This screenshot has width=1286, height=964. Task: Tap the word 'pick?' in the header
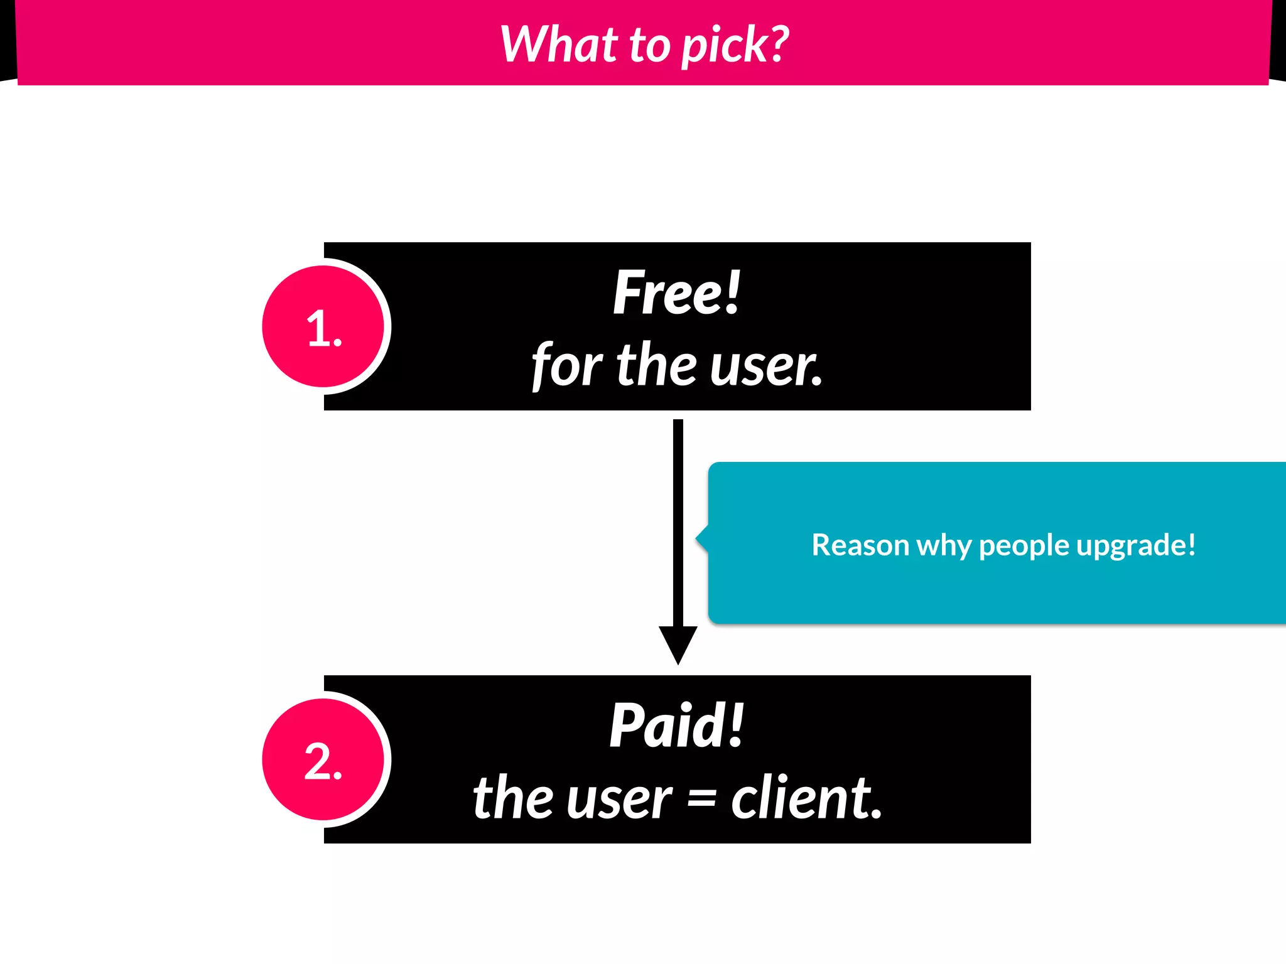click(735, 46)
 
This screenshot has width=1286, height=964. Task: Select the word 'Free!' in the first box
click(677, 292)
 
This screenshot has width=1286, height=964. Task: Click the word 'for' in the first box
click(566, 366)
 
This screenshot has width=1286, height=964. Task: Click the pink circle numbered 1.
click(323, 326)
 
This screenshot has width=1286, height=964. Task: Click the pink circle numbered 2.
click(323, 760)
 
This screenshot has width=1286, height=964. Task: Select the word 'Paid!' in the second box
click(677, 726)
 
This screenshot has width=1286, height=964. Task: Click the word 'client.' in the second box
click(806, 798)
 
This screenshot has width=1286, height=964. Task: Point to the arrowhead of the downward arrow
click(678, 643)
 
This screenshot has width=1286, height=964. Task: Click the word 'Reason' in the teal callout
click(860, 545)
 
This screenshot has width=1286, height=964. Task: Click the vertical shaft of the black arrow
click(678, 521)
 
